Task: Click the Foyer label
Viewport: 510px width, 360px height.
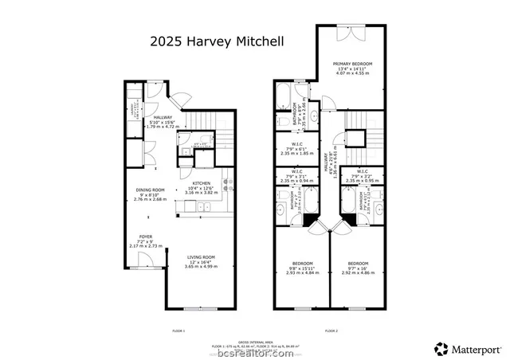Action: (x=146, y=240)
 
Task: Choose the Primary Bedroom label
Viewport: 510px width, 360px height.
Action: (x=351, y=69)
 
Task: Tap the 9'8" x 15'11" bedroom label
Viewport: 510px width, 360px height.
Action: (x=302, y=267)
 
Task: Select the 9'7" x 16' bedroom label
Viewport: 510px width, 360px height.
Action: (x=358, y=267)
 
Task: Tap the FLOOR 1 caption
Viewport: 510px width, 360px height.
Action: (x=178, y=330)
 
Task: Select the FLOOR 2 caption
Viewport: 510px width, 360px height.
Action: (x=331, y=330)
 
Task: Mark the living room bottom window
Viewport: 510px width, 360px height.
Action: (x=194, y=308)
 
